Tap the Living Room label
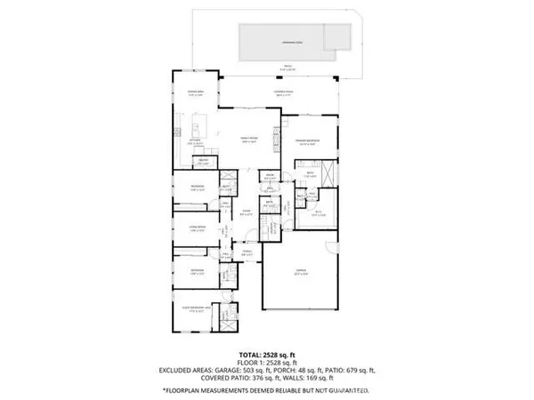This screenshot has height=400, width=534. click(x=197, y=229)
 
